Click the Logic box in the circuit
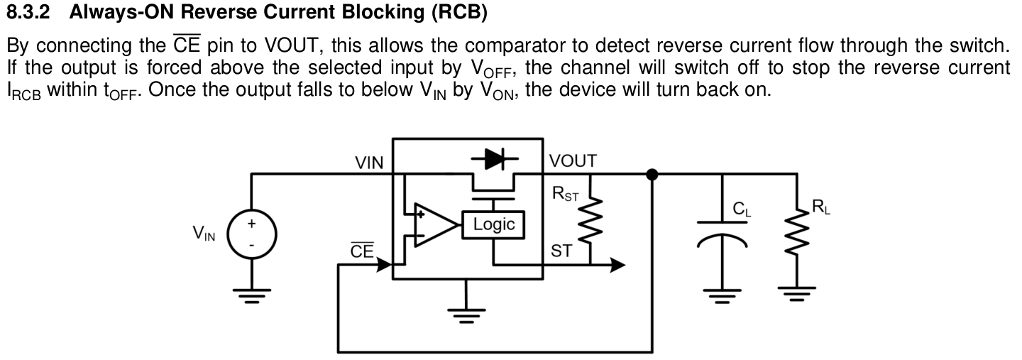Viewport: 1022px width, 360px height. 493,224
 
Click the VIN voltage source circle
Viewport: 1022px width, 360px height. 251,234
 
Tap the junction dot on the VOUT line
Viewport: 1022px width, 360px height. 652,173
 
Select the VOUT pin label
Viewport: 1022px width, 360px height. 573,160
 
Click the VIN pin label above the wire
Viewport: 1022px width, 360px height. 369,163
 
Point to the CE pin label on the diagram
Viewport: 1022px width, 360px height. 362,251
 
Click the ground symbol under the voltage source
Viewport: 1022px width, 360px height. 251,294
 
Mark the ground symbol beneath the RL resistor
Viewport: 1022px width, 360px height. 792,293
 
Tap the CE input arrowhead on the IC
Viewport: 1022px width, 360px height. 386,265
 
